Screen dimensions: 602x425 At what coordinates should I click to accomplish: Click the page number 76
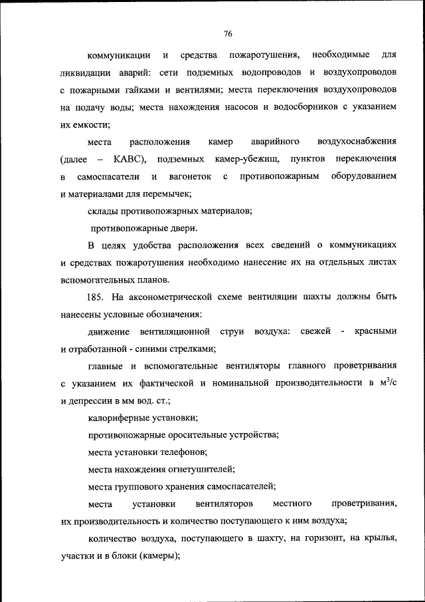228,34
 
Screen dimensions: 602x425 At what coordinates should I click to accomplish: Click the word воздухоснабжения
358,142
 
